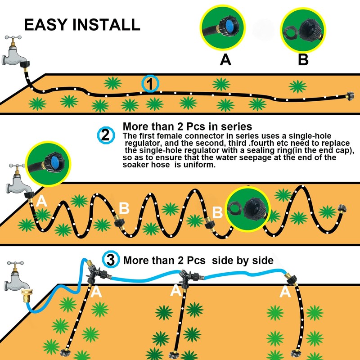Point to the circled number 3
point(111,260)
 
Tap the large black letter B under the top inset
point(303,60)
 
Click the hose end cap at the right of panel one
point(348,96)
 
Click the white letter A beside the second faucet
point(41,201)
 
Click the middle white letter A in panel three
point(175,291)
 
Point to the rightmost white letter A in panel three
point(284,292)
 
